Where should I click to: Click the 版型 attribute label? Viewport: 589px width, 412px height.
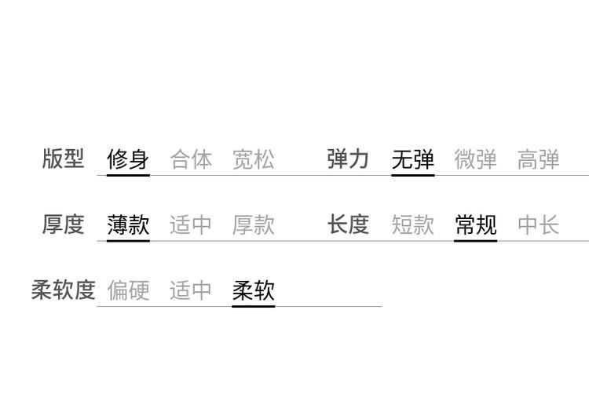tap(63, 159)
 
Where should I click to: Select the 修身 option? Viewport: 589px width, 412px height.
tap(128, 159)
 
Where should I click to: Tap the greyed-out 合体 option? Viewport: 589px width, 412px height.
tap(191, 159)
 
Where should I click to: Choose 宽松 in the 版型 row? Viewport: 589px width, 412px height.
tap(254, 159)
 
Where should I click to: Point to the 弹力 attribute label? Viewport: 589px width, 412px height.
tap(348, 159)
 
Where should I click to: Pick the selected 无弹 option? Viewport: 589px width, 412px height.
tap(413, 159)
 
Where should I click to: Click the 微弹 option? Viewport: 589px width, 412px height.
tap(476, 159)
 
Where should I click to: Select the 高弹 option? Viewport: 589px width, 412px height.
tap(538, 159)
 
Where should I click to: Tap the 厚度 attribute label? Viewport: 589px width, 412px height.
tap(63, 224)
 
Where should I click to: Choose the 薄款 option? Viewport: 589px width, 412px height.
tap(128, 224)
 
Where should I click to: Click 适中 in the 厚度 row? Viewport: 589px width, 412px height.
tap(191, 224)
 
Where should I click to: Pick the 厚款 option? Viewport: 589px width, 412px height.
tap(254, 224)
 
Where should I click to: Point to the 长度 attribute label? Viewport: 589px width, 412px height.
tap(348, 224)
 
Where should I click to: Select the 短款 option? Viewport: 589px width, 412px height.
tap(413, 224)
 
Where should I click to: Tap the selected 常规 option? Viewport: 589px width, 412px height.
tap(476, 224)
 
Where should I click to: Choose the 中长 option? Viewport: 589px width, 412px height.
tap(538, 224)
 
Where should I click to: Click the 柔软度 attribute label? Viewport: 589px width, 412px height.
tap(63, 290)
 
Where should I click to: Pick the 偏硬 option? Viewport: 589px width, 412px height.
tap(128, 290)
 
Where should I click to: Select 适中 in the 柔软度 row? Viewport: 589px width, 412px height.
tap(191, 290)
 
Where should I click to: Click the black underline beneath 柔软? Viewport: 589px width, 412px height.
tap(254, 306)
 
